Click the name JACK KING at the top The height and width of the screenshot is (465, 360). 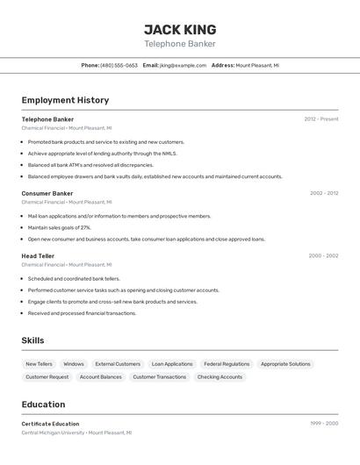(180, 30)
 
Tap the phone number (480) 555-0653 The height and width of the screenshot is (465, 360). (119, 65)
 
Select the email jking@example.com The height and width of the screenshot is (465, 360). (183, 65)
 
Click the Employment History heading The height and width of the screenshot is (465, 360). (65, 100)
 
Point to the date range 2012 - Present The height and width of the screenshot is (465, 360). (321, 118)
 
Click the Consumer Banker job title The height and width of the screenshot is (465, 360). (47, 193)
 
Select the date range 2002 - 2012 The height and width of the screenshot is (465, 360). (324, 193)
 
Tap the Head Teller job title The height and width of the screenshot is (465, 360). (38, 255)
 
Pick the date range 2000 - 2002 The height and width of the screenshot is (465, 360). (323, 255)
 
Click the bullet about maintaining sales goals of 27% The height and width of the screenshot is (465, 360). (59, 227)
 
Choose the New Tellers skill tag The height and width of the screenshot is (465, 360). (39, 363)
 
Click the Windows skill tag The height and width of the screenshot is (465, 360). (74, 363)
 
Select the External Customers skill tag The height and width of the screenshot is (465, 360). (118, 363)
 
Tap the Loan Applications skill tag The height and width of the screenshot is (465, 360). (172, 363)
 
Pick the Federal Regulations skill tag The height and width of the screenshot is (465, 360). (227, 363)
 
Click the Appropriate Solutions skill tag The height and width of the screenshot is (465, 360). (285, 363)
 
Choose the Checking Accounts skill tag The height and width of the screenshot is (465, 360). (220, 376)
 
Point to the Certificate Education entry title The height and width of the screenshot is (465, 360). (50, 424)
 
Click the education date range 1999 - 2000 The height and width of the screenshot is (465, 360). (324, 424)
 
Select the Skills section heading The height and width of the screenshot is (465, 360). (32, 340)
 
